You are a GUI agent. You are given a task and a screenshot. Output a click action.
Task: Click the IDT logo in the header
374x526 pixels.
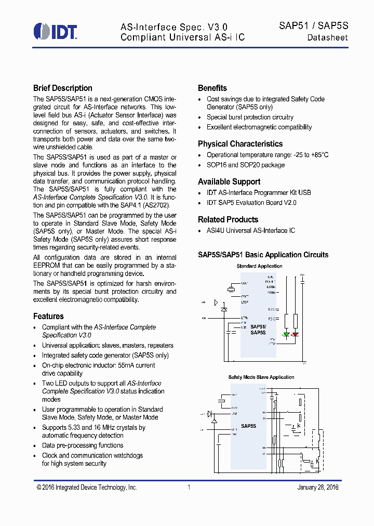click(55, 32)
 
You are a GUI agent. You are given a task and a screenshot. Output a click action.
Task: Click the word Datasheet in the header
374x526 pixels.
click(327, 37)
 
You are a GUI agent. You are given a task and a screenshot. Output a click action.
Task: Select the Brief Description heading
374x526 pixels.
click(63, 88)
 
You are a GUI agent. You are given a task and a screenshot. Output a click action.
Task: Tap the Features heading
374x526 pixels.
click(48, 316)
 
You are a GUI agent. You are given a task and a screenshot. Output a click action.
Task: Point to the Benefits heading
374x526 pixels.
click(212, 88)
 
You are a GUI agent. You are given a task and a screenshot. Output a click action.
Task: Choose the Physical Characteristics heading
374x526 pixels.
click(240, 144)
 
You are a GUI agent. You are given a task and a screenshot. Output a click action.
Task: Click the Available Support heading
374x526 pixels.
click(229, 182)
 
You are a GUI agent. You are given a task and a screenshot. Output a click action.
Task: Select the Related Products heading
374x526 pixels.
click(228, 220)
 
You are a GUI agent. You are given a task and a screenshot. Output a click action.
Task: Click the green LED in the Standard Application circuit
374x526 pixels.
click(286, 334)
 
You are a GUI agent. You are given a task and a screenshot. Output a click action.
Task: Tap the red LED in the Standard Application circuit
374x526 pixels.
click(295, 334)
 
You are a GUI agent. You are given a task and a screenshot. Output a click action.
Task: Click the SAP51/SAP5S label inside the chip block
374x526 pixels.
click(258, 330)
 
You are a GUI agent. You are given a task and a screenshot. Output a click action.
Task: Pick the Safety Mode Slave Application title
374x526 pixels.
click(261, 377)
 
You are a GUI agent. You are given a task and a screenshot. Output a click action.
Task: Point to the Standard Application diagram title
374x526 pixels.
click(259, 266)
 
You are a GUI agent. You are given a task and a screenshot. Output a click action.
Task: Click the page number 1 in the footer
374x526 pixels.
click(189, 488)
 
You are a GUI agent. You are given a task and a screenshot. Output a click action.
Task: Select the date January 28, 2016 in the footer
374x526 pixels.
click(318, 488)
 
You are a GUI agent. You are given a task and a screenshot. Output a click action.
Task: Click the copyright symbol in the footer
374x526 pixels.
click(39, 488)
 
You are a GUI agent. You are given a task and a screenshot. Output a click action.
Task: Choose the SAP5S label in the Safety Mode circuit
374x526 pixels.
click(248, 426)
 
